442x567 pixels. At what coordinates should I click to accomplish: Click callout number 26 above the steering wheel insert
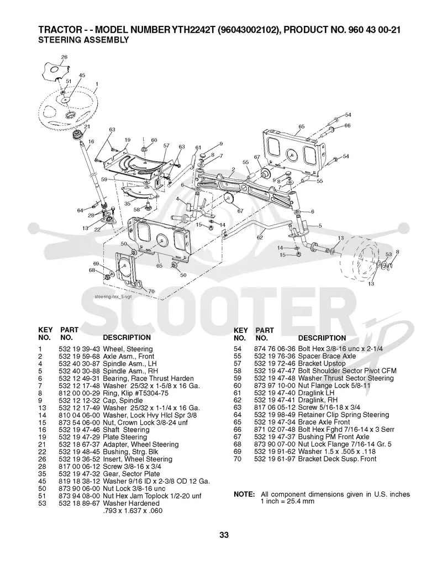pyautogui.click(x=64, y=57)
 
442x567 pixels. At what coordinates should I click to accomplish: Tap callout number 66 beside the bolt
pyautogui.click(x=348, y=125)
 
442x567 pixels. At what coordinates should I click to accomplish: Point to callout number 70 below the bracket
pyautogui.click(x=151, y=291)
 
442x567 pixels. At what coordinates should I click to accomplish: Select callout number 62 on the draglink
pyautogui.click(x=260, y=237)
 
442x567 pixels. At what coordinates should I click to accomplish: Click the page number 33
pyautogui.click(x=224, y=535)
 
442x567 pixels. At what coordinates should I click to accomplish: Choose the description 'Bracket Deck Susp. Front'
pyautogui.click(x=337, y=459)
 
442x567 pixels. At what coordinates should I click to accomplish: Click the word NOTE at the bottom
pyautogui.click(x=244, y=494)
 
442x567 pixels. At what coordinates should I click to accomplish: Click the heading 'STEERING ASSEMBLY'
pyautogui.click(x=83, y=40)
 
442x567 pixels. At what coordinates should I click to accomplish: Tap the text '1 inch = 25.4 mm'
pyautogui.click(x=287, y=501)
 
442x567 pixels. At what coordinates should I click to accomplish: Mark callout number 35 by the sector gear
pyautogui.click(x=128, y=204)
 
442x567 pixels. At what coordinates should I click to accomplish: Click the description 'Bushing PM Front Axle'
pyautogui.click(x=333, y=437)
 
